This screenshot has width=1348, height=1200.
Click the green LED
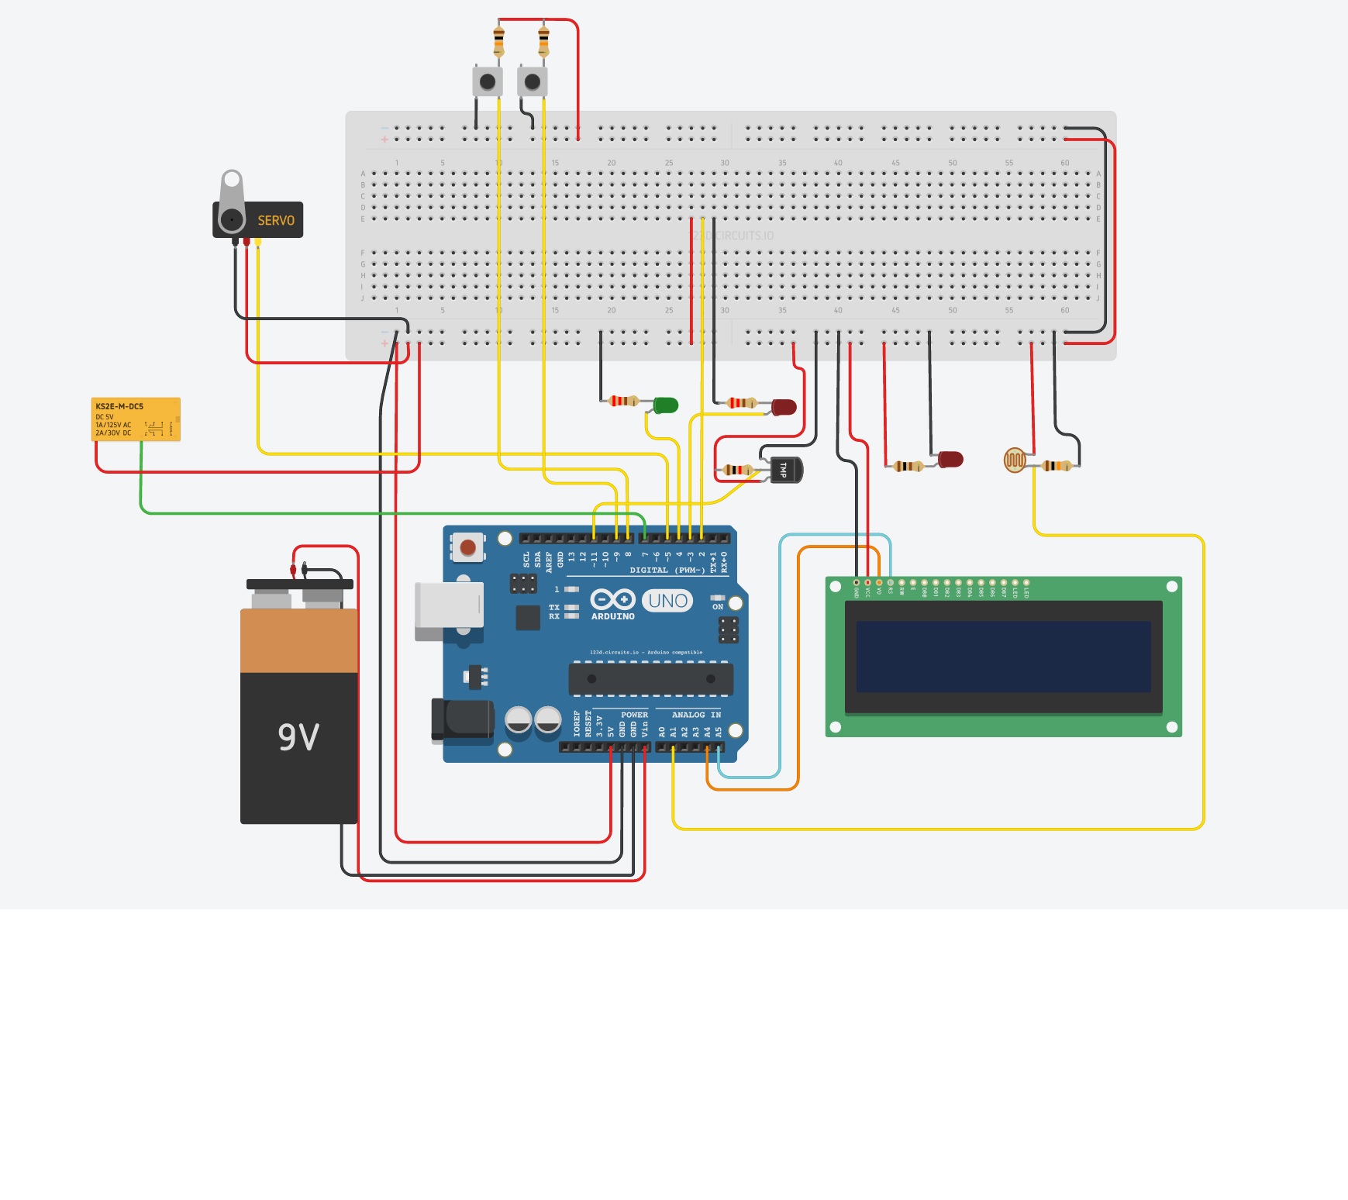click(665, 405)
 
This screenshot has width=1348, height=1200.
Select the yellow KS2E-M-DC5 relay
click(136, 419)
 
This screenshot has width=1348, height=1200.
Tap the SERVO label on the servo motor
click(276, 221)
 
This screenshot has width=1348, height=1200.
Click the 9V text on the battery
click(298, 736)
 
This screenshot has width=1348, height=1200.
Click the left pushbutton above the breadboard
click(488, 81)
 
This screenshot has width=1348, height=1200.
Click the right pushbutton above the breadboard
click(533, 81)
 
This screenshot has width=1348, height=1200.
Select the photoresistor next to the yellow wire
click(1015, 460)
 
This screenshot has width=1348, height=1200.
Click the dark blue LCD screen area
click(1003, 656)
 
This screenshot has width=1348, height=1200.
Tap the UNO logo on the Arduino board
click(667, 601)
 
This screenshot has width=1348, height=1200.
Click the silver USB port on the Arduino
click(449, 605)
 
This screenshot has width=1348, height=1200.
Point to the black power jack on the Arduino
click(463, 720)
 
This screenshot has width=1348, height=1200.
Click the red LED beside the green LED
click(784, 407)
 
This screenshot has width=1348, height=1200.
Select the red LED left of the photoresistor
click(950, 460)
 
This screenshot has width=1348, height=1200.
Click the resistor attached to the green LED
click(622, 401)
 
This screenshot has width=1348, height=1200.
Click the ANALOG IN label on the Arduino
click(695, 715)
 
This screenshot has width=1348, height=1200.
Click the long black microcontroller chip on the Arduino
click(650, 679)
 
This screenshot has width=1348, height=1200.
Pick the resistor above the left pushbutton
click(498, 40)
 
